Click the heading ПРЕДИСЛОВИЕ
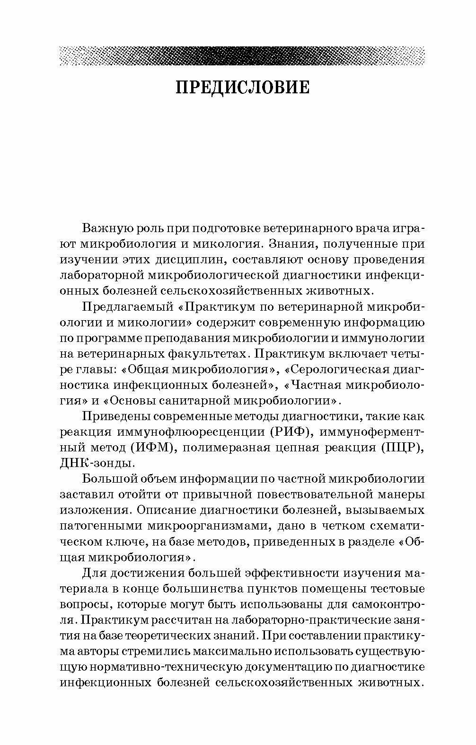tap(242, 88)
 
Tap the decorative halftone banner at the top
tap(242, 55)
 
